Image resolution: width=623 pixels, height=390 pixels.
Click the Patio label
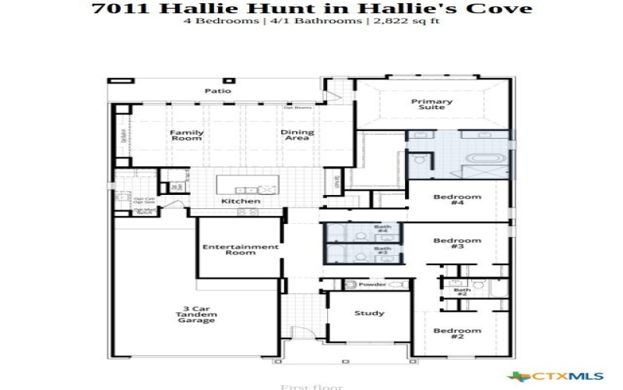(x=218, y=91)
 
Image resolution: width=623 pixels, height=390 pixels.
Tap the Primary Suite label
(x=432, y=104)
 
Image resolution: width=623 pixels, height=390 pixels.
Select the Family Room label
(x=187, y=135)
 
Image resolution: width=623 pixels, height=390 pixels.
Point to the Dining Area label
(x=297, y=135)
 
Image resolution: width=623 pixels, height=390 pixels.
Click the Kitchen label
(x=241, y=201)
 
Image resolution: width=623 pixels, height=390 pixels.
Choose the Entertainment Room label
(x=241, y=250)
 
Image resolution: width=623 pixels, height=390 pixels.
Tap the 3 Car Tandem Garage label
(x=195, y=314)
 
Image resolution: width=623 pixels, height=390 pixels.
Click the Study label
(x=369, y=314)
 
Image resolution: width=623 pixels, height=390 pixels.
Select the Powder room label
(x=372, y=285)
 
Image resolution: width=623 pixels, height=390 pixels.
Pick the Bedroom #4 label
(x=458, y=200)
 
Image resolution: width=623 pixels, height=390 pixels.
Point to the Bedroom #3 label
(x=458, y=243)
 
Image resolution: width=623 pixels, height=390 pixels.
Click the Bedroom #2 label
(x=458, y=334)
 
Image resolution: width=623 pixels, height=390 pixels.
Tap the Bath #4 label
(x=382, y=230)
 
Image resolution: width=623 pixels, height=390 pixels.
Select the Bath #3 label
(x=382, y=251)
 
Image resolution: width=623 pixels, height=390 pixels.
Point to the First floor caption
(x=301, y=386)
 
